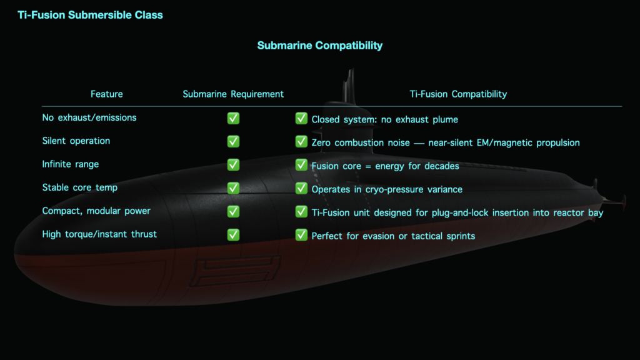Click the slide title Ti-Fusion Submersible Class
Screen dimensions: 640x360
click(90, 15)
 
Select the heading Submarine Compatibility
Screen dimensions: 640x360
click(319, 45)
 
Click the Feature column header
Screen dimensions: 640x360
click(106, 94)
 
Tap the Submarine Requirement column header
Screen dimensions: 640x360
click(233, 94)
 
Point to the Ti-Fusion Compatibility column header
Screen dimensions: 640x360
click(458, 94)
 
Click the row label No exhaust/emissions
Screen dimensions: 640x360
click(89, 117)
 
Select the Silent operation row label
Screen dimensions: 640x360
click(76, 141)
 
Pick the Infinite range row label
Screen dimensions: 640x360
click(71, 164)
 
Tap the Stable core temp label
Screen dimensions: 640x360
click(80, 187)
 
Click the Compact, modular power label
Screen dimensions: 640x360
click(96, 211)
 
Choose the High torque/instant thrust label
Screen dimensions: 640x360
click(99, 234)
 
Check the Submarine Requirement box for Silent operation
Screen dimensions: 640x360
click(234, 142)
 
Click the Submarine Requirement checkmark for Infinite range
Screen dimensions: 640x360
click(234, 165)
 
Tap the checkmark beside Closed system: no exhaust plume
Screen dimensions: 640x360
click(301, 118)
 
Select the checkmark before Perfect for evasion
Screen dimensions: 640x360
click(301, 235)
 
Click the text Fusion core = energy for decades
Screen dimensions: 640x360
click(385, 166)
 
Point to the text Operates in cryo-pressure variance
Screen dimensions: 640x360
click(387, 189)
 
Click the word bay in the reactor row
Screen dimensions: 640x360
click(596, 212)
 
